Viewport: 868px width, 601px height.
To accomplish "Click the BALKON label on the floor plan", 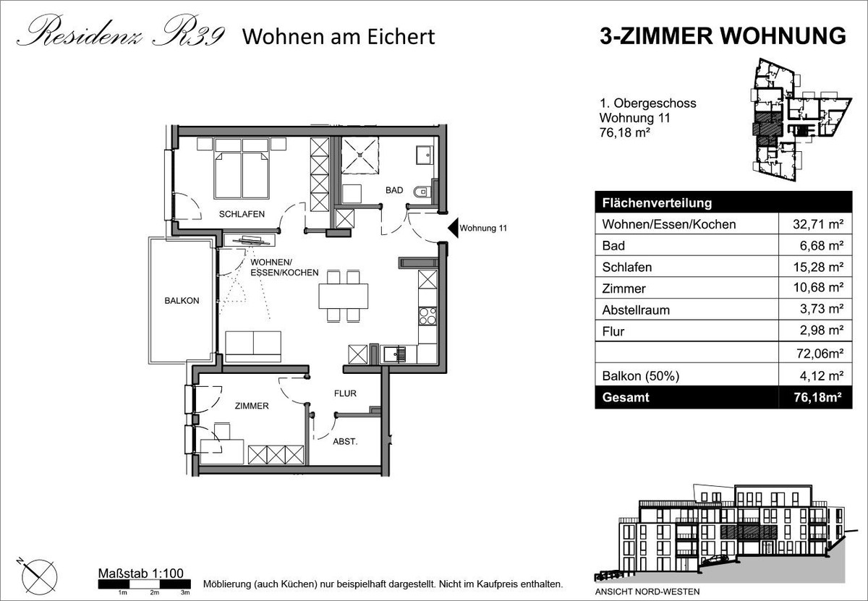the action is coord(182,301).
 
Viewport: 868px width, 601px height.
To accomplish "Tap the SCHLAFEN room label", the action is coord(242,214).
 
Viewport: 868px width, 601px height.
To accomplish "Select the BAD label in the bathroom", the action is coord(394,190).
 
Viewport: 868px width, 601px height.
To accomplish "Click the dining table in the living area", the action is coord(344,296).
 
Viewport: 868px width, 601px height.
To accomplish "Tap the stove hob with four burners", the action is coord(427,316).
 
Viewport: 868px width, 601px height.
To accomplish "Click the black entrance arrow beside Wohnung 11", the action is coord(453,228).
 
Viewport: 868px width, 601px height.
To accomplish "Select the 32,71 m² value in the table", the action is coord(818,224).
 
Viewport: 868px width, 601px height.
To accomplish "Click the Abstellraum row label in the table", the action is coord(636,310).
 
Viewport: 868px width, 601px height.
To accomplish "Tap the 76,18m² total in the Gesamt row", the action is coord(817,398).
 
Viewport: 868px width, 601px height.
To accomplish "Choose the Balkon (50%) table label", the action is coord(641,376).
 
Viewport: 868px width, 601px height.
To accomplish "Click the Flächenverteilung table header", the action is coord(658,203).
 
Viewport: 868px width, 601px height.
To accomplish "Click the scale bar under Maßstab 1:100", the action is coord(144,584).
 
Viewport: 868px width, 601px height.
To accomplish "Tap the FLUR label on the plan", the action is coord(345,393).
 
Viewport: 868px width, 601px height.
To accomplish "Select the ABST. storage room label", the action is coord(345,442).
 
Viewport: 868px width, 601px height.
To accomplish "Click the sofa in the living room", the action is coord(253,346).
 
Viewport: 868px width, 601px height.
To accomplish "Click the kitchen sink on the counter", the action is coord(395,354).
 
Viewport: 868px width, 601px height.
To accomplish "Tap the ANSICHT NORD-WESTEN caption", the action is coord(647,592).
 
